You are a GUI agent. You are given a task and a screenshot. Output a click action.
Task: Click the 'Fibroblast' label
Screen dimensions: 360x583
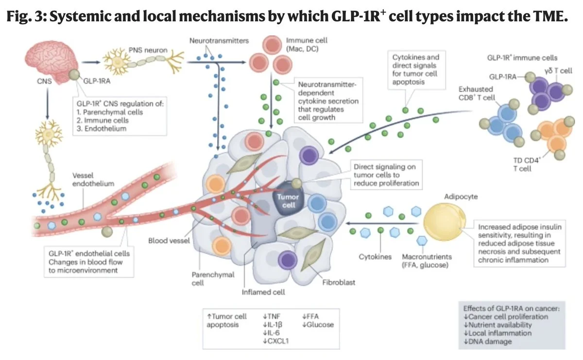point(334,281)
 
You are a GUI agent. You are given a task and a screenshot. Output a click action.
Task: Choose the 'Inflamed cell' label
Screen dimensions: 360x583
point(263,292)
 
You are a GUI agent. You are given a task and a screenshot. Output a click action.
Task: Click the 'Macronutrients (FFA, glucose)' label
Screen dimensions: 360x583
point(426,260)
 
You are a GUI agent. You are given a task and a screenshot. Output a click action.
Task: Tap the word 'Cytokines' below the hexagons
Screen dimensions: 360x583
point(376,256)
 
